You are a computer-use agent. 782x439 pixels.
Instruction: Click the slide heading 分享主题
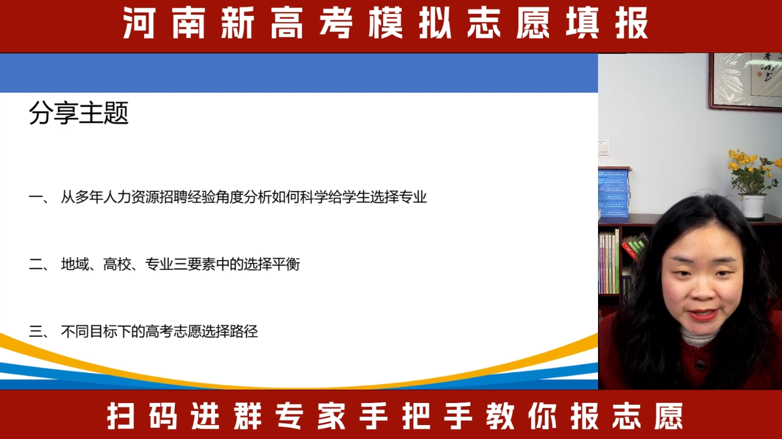click(79, 113)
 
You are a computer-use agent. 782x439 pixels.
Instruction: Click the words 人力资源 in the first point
click(131, 197)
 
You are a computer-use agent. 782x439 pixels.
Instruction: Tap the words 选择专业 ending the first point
click(399, 197)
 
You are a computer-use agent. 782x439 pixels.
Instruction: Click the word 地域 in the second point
click(75, 264)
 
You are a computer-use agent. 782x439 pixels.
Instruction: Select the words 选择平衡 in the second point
click(271, 264)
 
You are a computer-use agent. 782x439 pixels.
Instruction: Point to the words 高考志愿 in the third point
click(173, 331)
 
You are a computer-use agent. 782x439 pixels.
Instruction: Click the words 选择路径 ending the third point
click(230, 331)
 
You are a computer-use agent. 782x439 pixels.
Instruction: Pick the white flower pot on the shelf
click(753, 207)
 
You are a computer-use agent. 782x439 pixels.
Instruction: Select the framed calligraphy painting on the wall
click(745, 82)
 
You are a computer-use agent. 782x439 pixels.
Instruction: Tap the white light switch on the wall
click(603, 147)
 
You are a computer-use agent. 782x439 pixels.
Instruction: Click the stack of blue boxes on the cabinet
click(613, 192)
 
